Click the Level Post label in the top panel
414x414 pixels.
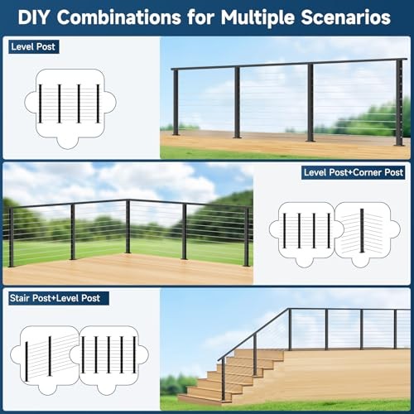32,47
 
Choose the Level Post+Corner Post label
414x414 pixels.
353,172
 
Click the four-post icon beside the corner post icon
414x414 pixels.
306,230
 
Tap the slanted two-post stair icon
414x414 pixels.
51,354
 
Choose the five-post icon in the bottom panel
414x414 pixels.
108,354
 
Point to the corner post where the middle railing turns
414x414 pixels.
128,226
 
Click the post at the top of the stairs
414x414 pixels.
290,330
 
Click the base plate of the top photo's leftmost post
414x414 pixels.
176,133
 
